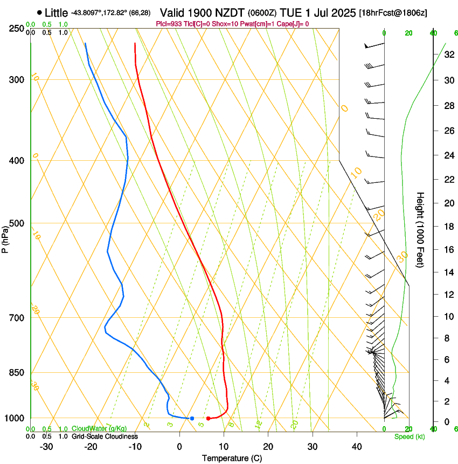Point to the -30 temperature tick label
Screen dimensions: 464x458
[46, 447]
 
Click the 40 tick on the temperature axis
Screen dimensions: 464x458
[356, 447]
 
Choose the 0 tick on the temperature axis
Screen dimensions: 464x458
[179, 447]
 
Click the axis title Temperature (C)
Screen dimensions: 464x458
[232, 459]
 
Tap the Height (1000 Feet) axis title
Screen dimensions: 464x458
[420, 230]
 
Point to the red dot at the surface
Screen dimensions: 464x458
[208, 418]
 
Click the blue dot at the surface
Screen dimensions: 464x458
[192, 418]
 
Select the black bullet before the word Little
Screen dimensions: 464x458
[39, 12]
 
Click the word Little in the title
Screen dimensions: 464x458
[57, 12]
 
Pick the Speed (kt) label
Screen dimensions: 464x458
[409, 436]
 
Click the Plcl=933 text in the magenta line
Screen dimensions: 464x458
[168, 24]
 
